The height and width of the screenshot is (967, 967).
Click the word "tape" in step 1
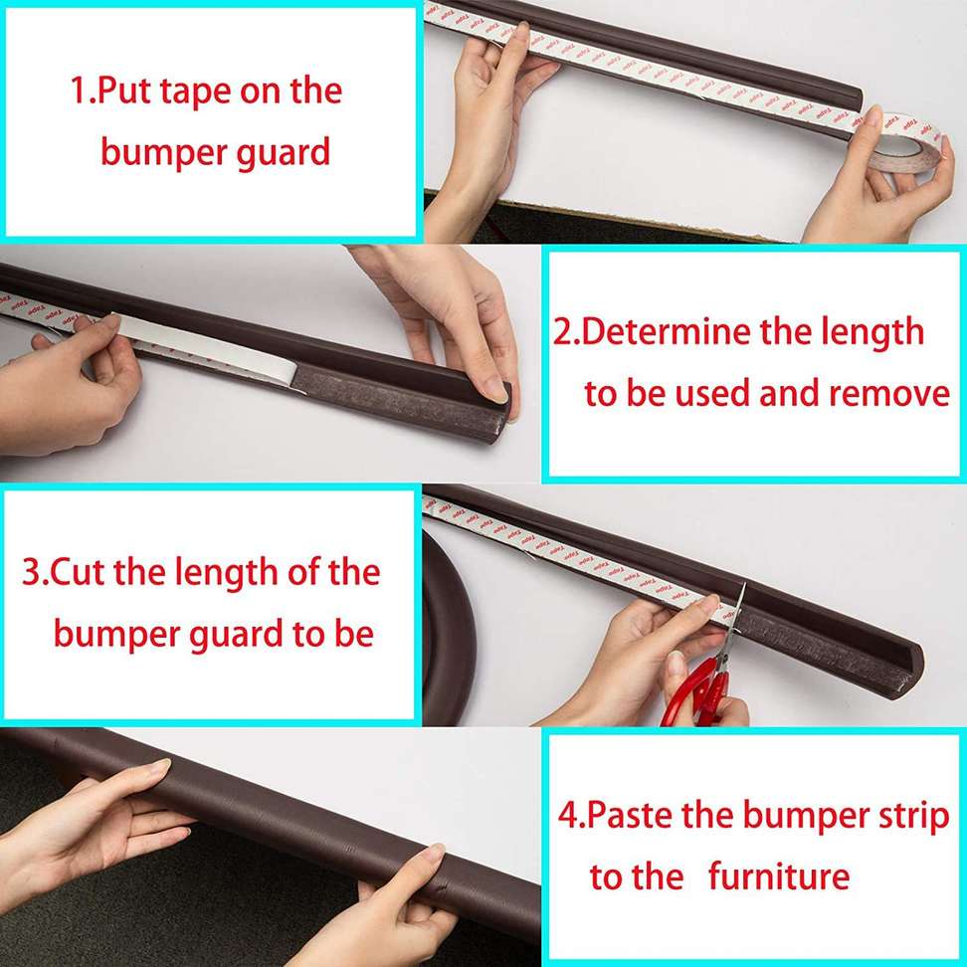pos(195,93)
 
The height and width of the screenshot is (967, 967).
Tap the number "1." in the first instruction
pos(82,91)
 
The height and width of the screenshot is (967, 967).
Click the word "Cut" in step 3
pos(77,572)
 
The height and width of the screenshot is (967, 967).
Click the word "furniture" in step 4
pos(778,876)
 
